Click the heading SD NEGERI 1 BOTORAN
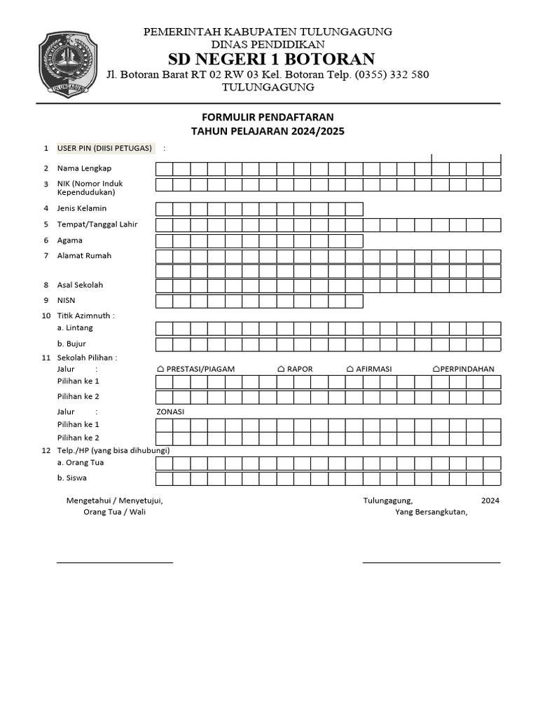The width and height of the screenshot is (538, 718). [268, 59]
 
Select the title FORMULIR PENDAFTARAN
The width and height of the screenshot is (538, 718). [268, 116]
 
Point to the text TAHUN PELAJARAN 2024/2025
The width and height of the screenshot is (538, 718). [268, 131]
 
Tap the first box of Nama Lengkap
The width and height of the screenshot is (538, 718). [164, 169]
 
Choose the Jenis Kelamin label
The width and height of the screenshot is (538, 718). [82, 208]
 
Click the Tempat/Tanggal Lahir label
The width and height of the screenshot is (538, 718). [97, 224]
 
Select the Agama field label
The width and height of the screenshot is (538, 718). [70, 240]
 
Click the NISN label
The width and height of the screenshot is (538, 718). [67, 300]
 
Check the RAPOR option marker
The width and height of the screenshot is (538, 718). [281, 369]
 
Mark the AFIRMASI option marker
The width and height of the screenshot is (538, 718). [350, 369]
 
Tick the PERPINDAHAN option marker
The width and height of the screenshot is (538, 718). [436, 369]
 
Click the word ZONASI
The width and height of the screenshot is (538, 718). [170, 412]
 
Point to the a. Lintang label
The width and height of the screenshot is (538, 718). [75, 327]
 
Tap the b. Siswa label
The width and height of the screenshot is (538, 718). [72, 477]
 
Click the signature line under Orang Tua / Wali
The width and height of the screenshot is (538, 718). [115, 562]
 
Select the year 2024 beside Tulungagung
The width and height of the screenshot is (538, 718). [490, 501]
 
